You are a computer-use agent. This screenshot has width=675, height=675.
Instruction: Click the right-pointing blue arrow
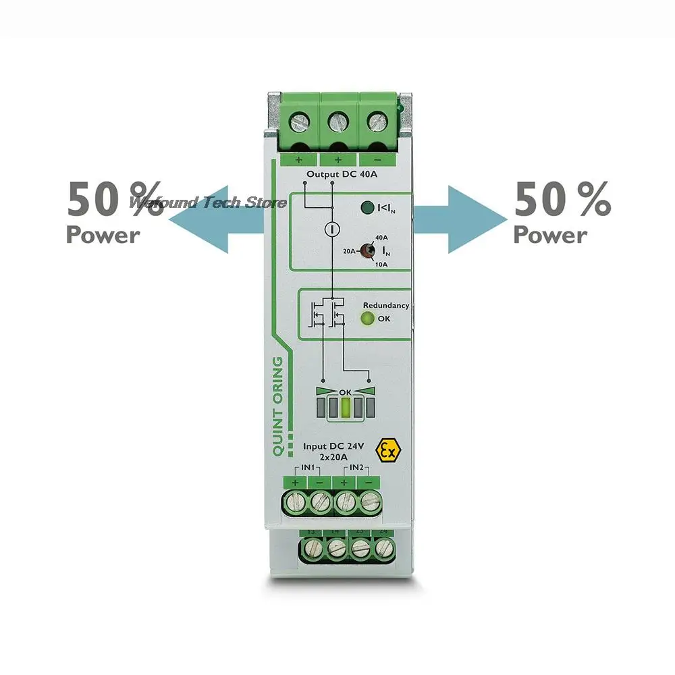tap(462, 219)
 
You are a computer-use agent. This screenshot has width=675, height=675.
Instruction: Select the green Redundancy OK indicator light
tap(367, 319)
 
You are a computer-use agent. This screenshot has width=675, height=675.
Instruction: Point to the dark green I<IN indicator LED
tap(367, 209)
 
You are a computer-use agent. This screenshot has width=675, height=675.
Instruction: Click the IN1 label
tap(307, 467)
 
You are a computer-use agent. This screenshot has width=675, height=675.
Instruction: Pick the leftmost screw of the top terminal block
tap(299, 122)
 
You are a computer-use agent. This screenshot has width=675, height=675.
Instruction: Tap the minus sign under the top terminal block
tap(376, 160)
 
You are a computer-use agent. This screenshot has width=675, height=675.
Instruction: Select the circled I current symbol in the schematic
tap(331, 230)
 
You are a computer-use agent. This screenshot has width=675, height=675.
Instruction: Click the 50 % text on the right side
tap(562, 200)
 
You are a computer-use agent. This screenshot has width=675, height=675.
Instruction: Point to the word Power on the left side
tap(103, 235)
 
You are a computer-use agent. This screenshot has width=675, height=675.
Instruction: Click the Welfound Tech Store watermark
tap(209, 202)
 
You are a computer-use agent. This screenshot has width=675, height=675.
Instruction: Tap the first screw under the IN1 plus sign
tap(296, 502)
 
